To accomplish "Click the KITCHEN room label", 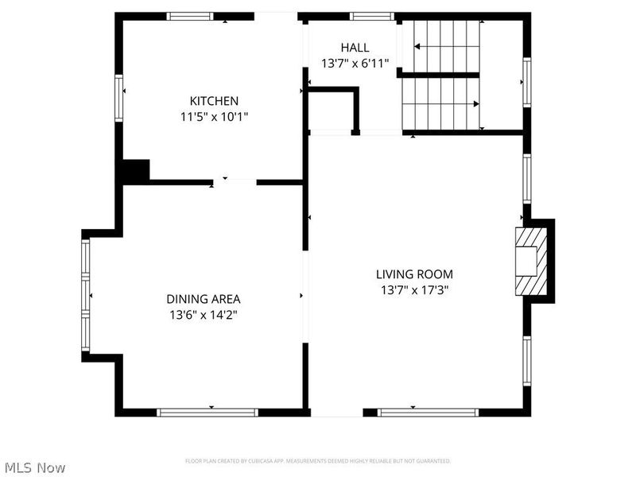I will [x=214, y=101].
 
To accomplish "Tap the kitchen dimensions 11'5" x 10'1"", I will [x=214, y=116].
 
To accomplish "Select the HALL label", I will [x=355, y=48].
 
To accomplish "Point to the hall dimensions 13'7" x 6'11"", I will [x=355, y=63].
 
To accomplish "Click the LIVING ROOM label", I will [x=414, y=274].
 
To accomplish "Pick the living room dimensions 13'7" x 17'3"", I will [x=414, y=290].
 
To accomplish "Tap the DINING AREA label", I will [x=203, y=299].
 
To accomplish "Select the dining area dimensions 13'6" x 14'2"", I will [x=203, y=315].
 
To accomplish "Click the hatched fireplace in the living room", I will [x=528, y=262].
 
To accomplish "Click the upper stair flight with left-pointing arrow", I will [x=447, y=47].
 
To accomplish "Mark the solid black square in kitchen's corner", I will [x=136, y=171].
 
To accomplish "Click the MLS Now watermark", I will [x=35, y=467].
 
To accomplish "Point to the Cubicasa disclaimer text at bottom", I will [x=317, y=461].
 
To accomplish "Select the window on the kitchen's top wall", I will [x=190, y=16].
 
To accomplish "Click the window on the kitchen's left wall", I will [x=119, y=97].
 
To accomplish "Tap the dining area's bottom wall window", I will [x=207, y=412].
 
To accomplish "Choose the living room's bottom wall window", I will [x=428, y=412].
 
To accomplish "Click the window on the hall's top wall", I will [x=372, y=16].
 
